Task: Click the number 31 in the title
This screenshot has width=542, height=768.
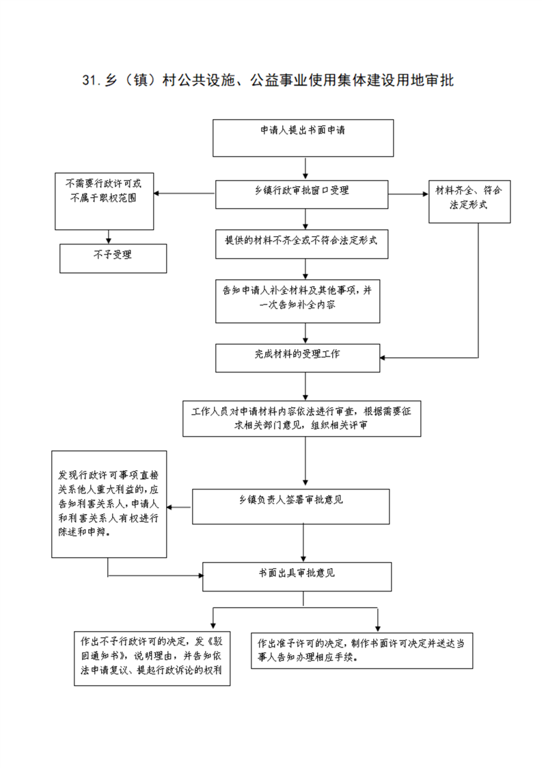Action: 90,80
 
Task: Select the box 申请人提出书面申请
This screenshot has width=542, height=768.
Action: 303,138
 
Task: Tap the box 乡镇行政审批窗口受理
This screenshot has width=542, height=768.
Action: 302,194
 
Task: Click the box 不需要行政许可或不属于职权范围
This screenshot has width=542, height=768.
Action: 104,201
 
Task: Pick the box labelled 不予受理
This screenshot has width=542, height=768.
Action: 113,259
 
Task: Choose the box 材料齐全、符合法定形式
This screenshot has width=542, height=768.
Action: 470,202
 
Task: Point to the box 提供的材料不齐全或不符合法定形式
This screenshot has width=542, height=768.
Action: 302,244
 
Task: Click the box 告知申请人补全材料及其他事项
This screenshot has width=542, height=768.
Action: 297,301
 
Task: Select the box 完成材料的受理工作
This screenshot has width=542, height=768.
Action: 297,358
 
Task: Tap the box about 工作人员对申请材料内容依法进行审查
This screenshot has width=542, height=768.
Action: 302,420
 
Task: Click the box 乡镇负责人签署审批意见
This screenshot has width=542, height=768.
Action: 290,507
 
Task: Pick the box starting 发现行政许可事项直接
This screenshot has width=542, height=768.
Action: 109,504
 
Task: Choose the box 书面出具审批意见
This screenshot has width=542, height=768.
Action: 297,576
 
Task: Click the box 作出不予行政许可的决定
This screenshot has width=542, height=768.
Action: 152,658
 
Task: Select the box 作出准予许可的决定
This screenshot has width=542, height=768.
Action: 362,650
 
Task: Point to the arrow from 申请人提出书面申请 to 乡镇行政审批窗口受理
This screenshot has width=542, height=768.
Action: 306,168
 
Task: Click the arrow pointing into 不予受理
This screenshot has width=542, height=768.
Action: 109,237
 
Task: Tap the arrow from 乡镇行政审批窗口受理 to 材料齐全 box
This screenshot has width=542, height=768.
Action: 409,194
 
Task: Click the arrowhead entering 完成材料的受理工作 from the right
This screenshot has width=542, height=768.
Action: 383,357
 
